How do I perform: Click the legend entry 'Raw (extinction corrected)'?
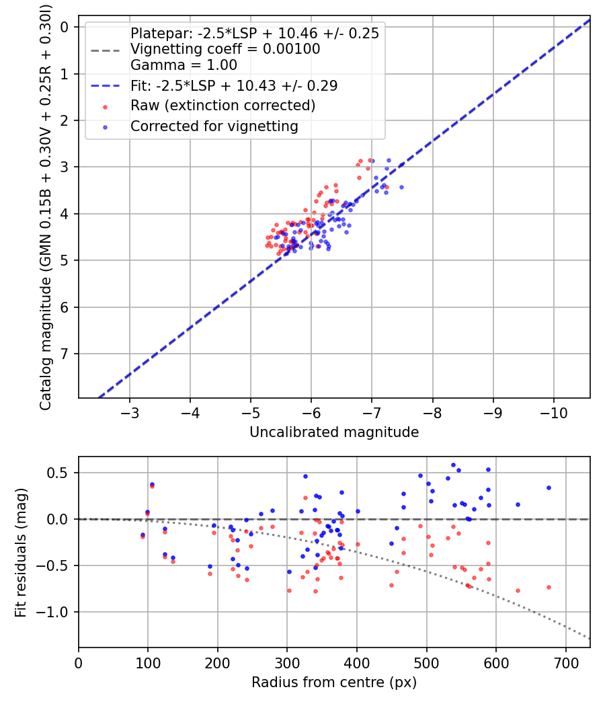click(x=223, y=106)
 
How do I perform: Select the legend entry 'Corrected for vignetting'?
click(x=214, y=126)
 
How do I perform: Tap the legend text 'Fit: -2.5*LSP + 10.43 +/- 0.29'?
click(x=233, y=85)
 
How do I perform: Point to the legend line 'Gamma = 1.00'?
click(x=184, y=65)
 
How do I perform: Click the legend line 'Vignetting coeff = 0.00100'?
click(x=225, y=49)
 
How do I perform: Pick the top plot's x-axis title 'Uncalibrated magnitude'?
click(x=334, y=432)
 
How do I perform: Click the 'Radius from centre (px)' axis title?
click(x=334, y=682)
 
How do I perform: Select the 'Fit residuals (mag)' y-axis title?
click(x=22, y=552)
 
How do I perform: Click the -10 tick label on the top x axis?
click(x=553, y=411)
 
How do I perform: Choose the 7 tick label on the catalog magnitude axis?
click(x=65, y=354)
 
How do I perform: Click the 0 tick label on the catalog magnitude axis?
click(x=65, y=27)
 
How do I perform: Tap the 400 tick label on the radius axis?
click(x=357, y=662)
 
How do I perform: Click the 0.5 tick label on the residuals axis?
click(x=61, y=473)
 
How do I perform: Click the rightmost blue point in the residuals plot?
click(x=549, y=487)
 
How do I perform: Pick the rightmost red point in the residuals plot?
click(x=549, y=587)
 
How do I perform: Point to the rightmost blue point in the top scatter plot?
click(x=401, y=187)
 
